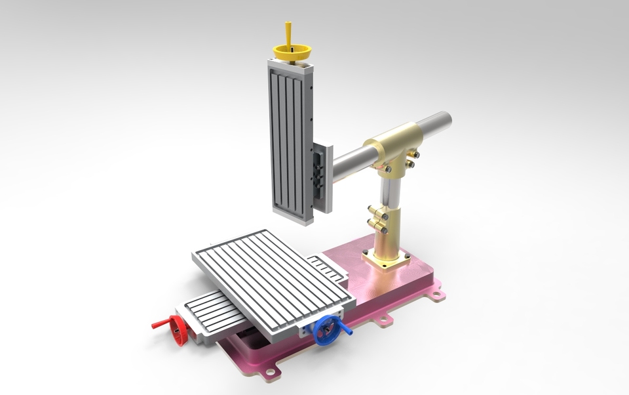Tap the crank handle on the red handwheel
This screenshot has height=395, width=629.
pos(158,324)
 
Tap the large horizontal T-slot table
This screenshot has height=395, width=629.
pos(272,276)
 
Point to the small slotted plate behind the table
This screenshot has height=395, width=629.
pos(325,266)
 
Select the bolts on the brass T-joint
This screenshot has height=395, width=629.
pos(413,158)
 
